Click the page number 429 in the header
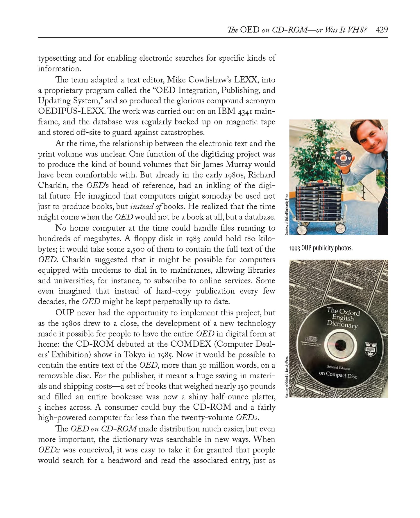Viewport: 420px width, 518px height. (382, 30)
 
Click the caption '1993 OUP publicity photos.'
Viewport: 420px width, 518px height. (321, 249)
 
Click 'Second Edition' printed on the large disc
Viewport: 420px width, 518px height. (338, 368)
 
